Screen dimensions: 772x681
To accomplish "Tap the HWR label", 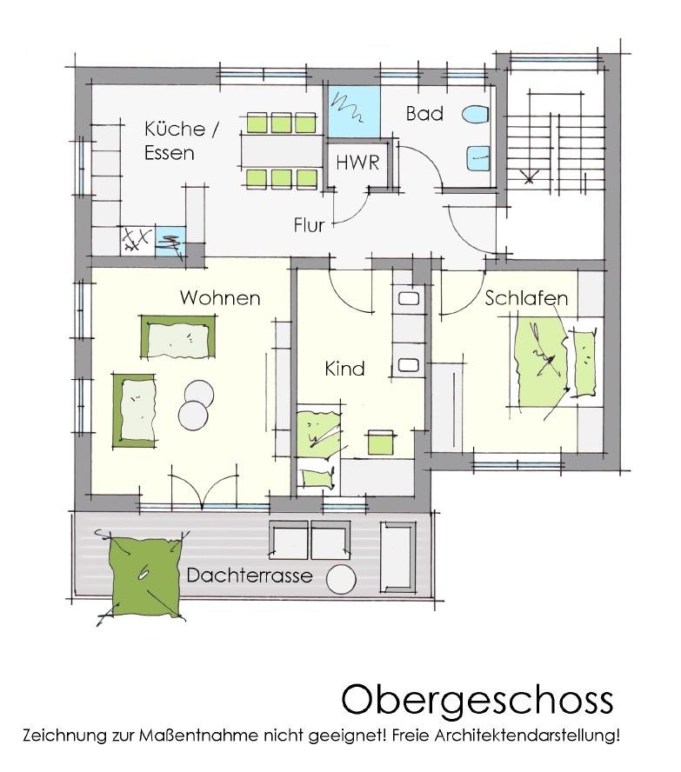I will point(357,163).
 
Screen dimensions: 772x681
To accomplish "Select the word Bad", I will point(424,114).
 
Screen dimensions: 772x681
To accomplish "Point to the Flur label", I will point(309,225).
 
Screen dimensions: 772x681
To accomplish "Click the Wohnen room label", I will point(220,298).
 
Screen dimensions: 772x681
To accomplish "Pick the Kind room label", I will point(344,369).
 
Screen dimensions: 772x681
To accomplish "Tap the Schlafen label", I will point(526,298).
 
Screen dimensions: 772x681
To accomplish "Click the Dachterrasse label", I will point(249,575).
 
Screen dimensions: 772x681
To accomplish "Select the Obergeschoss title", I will point(477,699).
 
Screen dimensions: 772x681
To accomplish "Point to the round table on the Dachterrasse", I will point(341,578).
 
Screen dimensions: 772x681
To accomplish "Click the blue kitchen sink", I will point(170,238).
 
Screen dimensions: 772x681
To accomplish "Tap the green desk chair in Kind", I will point(380,441).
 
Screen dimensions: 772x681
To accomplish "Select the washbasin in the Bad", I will point(480,158).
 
